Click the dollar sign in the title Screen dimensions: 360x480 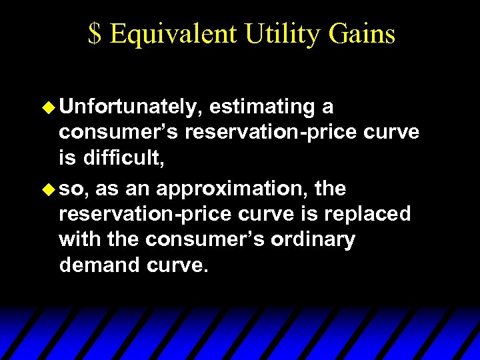(x=95, y=34)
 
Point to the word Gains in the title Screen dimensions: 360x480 (x=364, y=34)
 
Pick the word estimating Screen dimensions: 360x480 (x=263, y=107)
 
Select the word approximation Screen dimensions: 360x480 (x=233, y=189)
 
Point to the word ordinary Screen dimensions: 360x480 (x=313, y=240)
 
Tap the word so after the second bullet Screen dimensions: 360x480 (x=73, y=189)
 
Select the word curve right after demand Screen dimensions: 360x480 (x=181, y=266)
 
